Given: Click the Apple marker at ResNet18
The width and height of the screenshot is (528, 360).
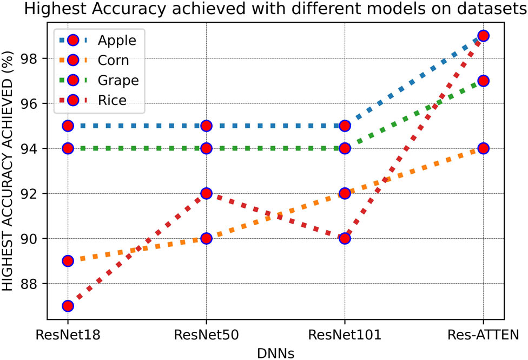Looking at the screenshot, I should point(68,126).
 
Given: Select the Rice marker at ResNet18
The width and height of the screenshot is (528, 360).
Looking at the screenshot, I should point(68,306).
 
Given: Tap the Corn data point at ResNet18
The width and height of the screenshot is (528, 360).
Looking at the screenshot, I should point(68,261).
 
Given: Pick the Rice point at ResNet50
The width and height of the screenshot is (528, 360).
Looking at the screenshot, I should point(206,193).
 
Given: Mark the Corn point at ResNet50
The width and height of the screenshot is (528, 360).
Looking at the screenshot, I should point(206,239).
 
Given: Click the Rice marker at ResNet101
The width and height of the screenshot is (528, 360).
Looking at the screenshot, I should point(345,239).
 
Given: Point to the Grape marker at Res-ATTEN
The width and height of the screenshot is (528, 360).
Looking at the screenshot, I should point(483,81).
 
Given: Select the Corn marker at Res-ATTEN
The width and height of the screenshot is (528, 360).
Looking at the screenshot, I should point(483,148).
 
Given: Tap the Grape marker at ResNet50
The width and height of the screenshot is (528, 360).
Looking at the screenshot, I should point(206,148).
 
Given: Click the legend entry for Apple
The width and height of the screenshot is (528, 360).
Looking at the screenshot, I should point(117,40).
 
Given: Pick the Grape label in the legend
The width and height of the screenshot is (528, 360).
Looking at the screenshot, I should point(118,81).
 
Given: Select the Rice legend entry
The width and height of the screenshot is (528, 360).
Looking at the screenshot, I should point(112,101).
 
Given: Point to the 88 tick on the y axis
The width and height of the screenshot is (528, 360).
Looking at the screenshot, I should point(40,284).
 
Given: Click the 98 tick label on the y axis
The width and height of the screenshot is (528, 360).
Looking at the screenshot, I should point(40,58).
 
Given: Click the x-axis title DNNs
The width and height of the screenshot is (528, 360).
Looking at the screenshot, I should point(275,352).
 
